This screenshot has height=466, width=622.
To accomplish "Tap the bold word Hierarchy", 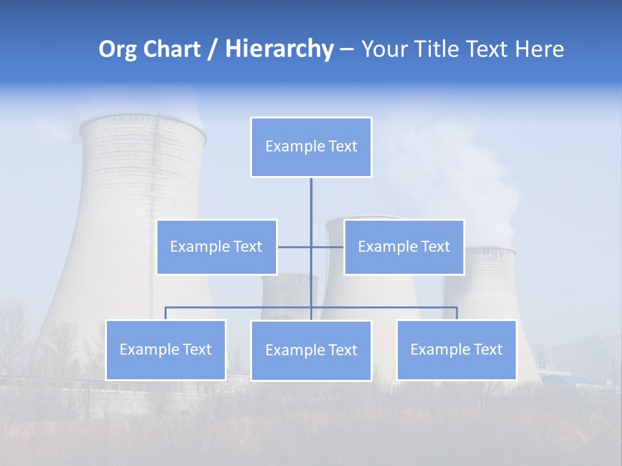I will pyautogui.click(x=279, y=49).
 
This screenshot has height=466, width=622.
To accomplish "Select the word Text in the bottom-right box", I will pyautogui.click(x=487, y=349).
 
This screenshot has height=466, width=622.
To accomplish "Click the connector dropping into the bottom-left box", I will pyautogui.click(x=166, y=313).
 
